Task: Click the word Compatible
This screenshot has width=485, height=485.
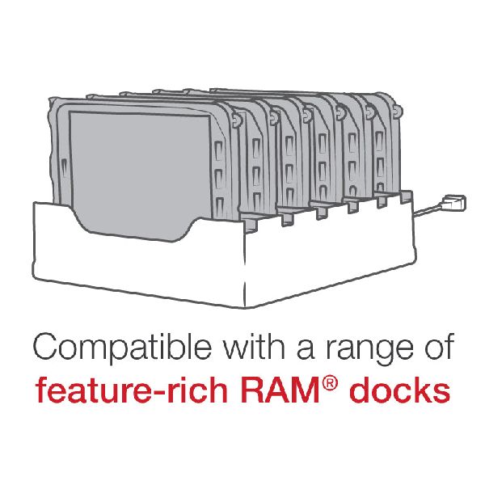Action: pos(122,348)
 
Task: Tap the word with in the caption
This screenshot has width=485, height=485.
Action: pos(255,346)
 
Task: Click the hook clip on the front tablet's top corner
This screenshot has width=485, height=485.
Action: pos(236,120)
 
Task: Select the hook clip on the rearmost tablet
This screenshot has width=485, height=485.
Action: pos(397,111)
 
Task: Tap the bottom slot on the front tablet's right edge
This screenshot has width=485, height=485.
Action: pos(219,205)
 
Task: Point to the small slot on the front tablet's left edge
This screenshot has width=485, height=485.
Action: pos(64,167)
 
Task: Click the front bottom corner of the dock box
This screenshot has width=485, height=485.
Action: pos(245,308)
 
